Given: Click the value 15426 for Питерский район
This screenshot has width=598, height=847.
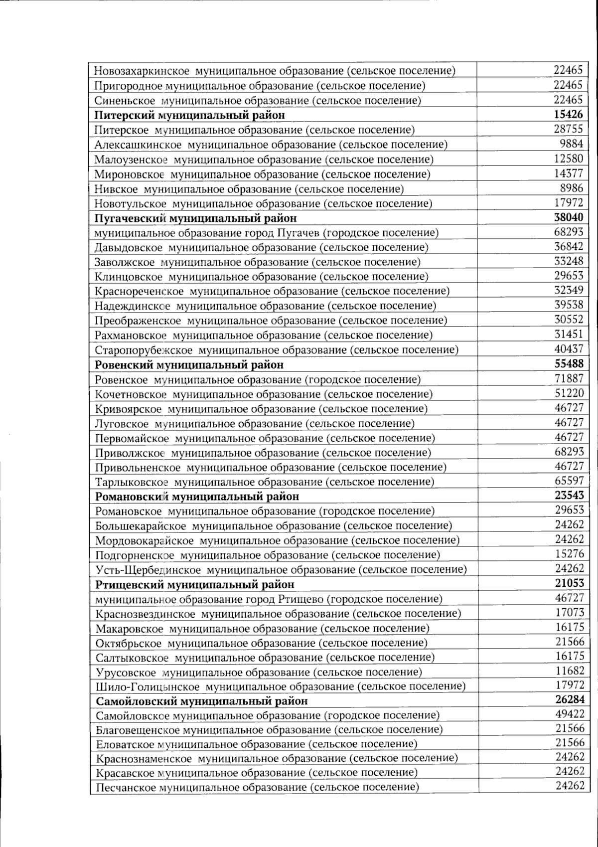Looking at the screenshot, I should (x=568, y=114).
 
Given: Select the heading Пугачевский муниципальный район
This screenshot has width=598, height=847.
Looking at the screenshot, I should (x=195, y=218).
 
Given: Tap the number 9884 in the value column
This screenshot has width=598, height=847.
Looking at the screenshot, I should (x=571, y=144).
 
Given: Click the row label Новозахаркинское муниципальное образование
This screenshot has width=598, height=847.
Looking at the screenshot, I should (x=275, y=71).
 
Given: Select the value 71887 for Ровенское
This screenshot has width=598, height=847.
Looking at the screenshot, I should (x=569, y=378).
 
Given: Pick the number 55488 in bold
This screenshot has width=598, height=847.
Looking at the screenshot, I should (x=568, y=363).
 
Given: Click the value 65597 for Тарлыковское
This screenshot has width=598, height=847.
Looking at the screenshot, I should (x=569, y=481).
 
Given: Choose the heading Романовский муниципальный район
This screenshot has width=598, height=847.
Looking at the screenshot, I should (x=197, y=497).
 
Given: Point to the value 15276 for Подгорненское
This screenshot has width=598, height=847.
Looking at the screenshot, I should (x=569, y=554).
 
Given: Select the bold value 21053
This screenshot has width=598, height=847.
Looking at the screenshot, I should (x=569, y=583).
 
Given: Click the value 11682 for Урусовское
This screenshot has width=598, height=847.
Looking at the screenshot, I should (x=570, y=671).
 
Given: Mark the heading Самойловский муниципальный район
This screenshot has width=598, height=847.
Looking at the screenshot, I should (x=202, y=701).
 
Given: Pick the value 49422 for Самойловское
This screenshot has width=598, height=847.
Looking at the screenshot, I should (x=570, y=714).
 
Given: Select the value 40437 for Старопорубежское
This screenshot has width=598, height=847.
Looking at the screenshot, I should (x=569, y=349).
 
